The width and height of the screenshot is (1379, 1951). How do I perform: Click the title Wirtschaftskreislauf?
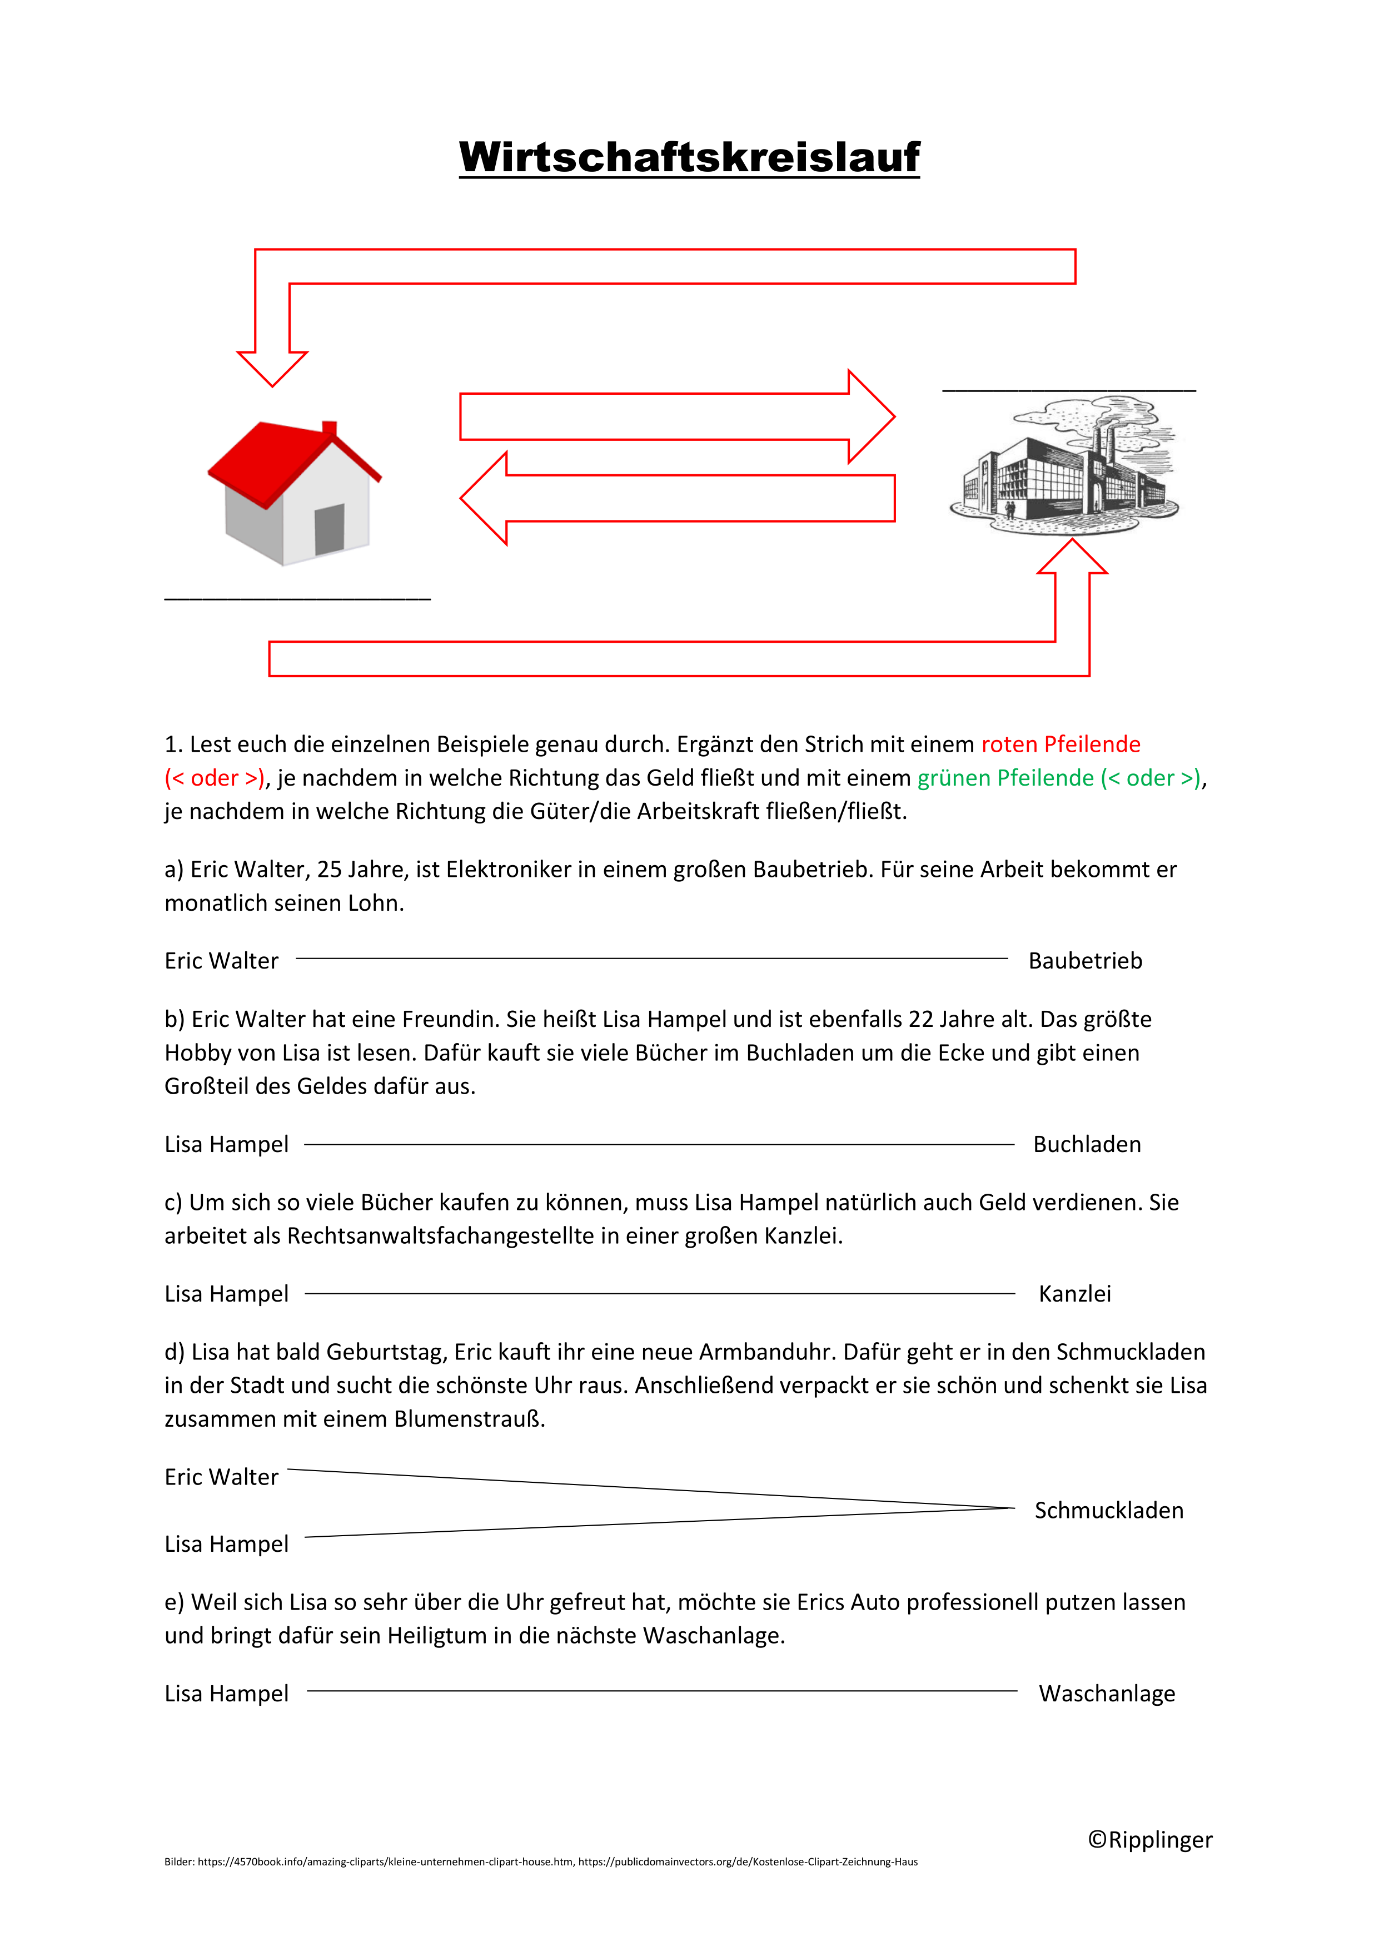(x=689, y=157)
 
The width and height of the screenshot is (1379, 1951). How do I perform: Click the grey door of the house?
(x=329, y=529)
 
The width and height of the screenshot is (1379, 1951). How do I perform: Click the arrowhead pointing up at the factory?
(x=1072, y=557)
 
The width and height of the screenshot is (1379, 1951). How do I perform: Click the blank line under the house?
(x=297, y=598)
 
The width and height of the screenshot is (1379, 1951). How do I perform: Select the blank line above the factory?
(x=1069, y=390)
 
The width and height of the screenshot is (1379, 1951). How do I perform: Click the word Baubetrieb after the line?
(x=1085, y=961)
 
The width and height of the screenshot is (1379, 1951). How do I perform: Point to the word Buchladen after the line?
(x=1087, y=1145)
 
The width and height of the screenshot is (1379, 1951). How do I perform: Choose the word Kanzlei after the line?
(x=1075, y=1294)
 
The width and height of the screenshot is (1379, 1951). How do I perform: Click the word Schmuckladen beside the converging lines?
(x=1109, y=1511)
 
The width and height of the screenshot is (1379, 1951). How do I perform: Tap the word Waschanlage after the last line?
(x=1107, y=1694)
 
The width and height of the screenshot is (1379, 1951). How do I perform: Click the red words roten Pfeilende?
(x=1061, y=744)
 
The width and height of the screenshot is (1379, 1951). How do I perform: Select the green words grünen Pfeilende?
(x=1005, y=778)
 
